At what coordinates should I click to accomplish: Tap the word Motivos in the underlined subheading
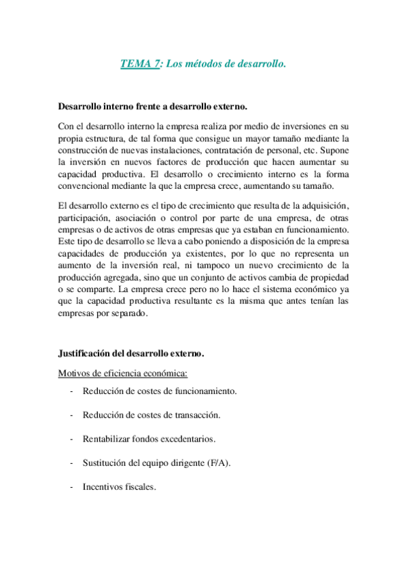point(73,372)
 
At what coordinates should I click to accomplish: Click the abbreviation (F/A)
point(218,463)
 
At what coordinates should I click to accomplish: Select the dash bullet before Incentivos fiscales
point(72,487)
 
